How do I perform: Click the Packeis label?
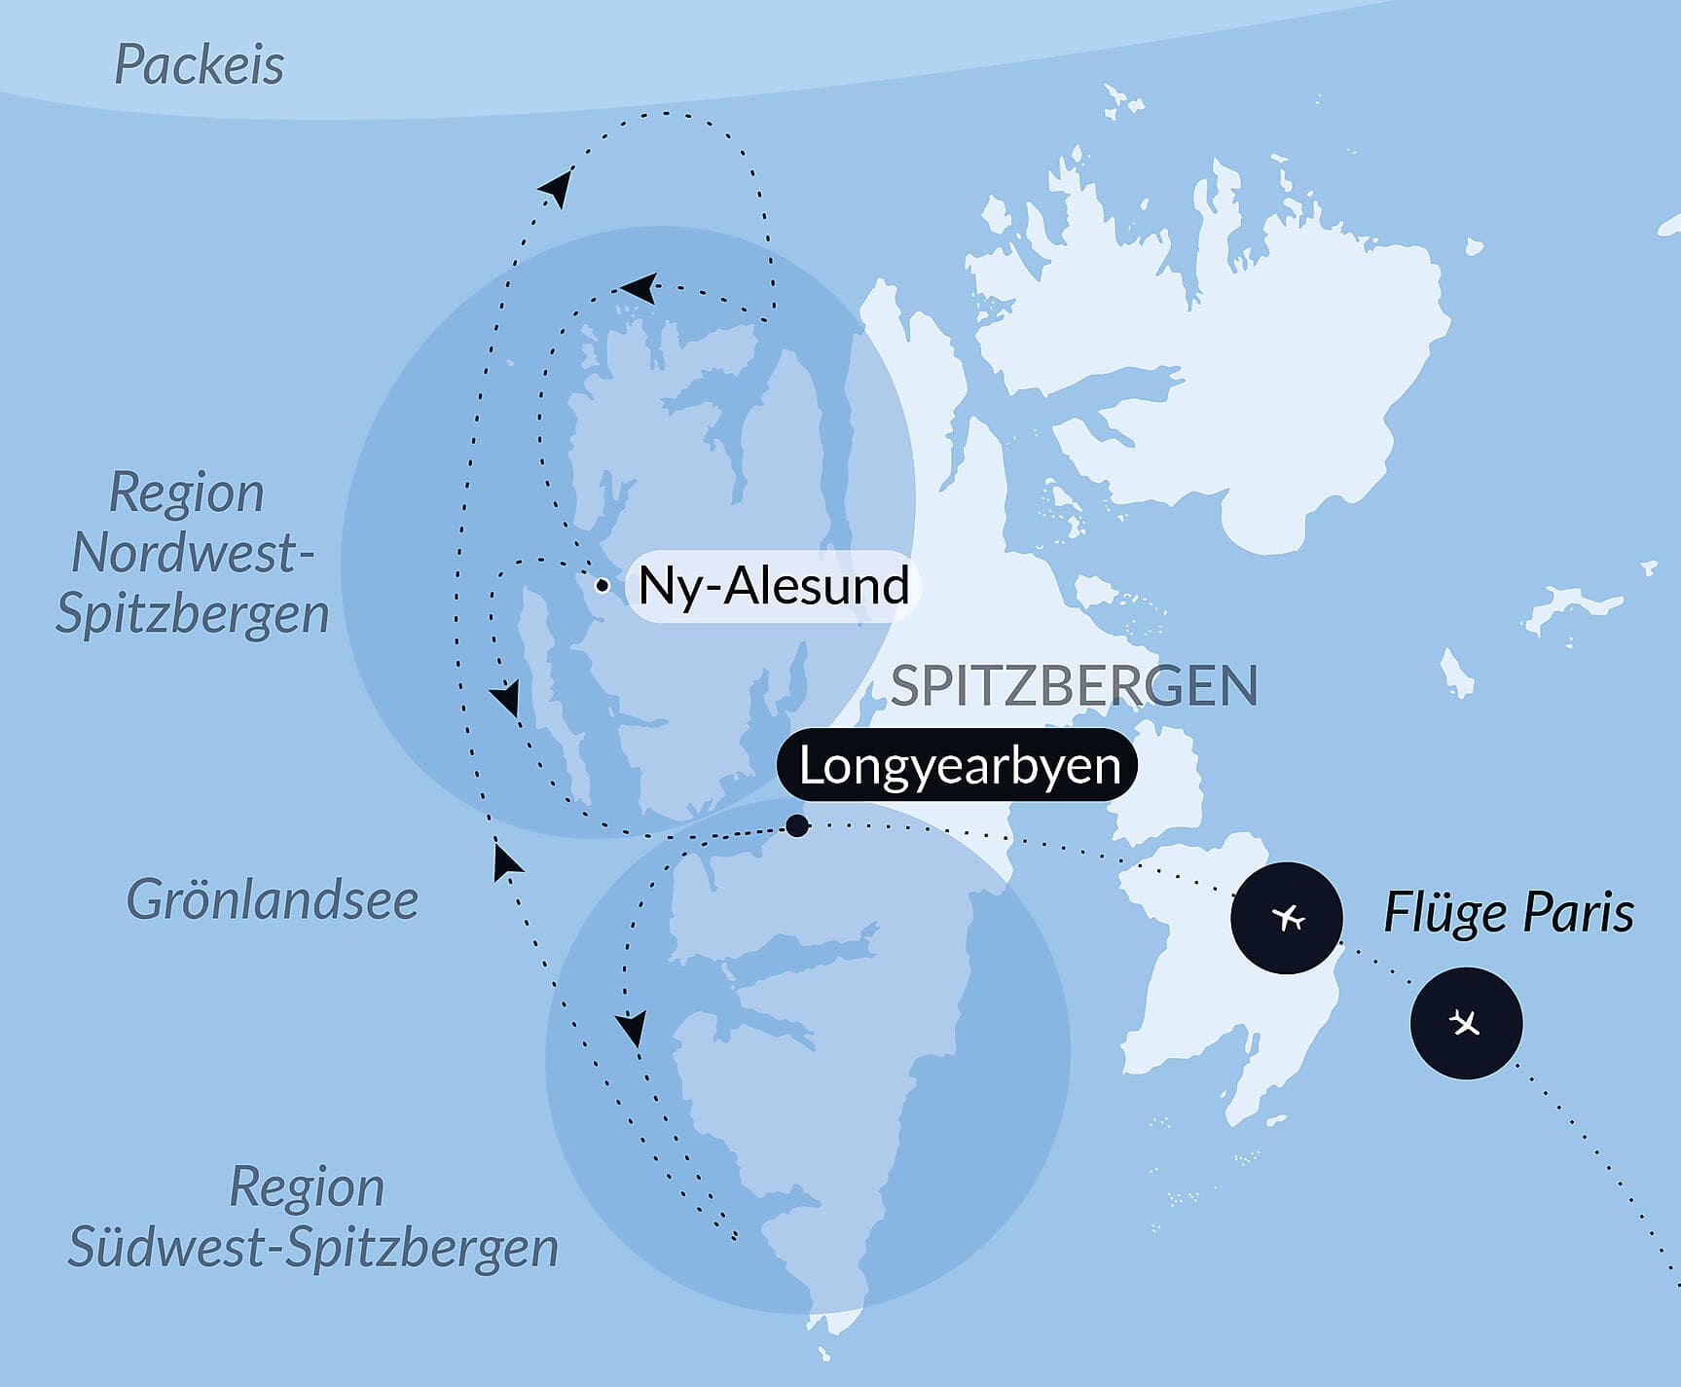(199, 66)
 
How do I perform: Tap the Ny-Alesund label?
(773, 586)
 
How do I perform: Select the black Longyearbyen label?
(959, 765)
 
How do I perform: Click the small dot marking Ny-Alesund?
(603, 586)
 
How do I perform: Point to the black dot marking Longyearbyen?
(796, 825)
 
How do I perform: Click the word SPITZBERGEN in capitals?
(1074, 685)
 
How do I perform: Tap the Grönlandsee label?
(272, 899)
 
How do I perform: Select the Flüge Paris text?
(1508, 913)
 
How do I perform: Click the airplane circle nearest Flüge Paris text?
(1287, 917)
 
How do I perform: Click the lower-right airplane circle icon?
(1465, 1022)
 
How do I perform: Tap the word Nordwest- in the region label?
(192, 553)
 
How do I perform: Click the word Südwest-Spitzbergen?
(312, 1248)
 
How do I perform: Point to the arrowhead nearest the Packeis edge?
(557, 186)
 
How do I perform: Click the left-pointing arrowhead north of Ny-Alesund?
(640, 287)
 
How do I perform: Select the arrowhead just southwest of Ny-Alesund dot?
(505, 699)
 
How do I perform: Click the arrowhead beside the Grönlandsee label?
(505, 861)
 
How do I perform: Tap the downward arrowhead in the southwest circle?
(632, 1028)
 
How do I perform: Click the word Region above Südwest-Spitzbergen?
(307, 1186)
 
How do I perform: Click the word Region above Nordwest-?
(186, 493)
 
